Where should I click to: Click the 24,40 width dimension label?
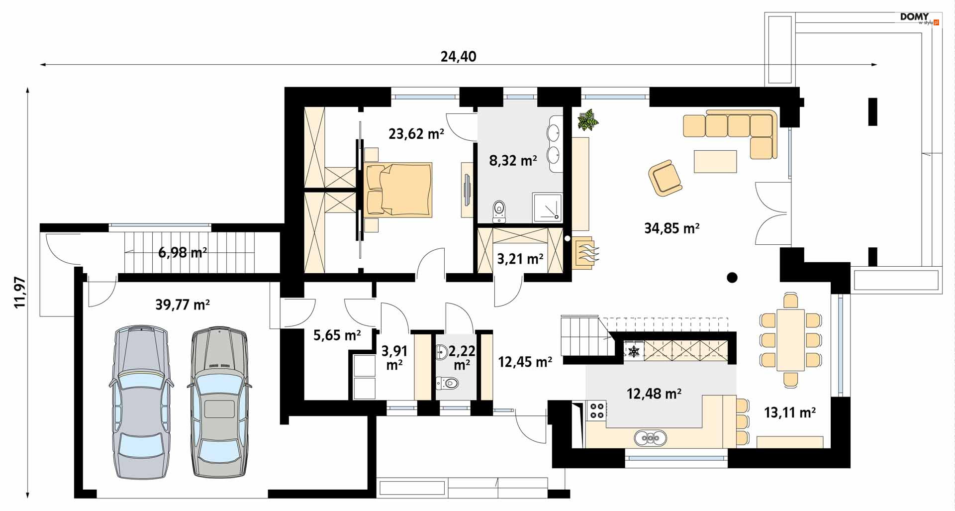458,56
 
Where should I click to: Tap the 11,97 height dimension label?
20,292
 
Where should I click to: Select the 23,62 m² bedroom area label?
416,133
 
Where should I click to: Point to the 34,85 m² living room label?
672,228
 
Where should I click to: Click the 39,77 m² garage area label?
183,304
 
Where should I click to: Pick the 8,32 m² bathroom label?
513,160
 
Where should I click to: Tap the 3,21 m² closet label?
520,259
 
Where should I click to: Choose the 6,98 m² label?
183,252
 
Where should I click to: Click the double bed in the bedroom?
398,190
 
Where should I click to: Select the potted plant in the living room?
587,120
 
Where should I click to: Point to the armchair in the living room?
665,177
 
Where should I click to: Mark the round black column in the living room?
732,278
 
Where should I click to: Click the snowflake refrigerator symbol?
634,352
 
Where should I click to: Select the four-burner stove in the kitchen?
597,410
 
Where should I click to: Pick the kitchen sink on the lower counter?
650,438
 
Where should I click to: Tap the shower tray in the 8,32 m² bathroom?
547,207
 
